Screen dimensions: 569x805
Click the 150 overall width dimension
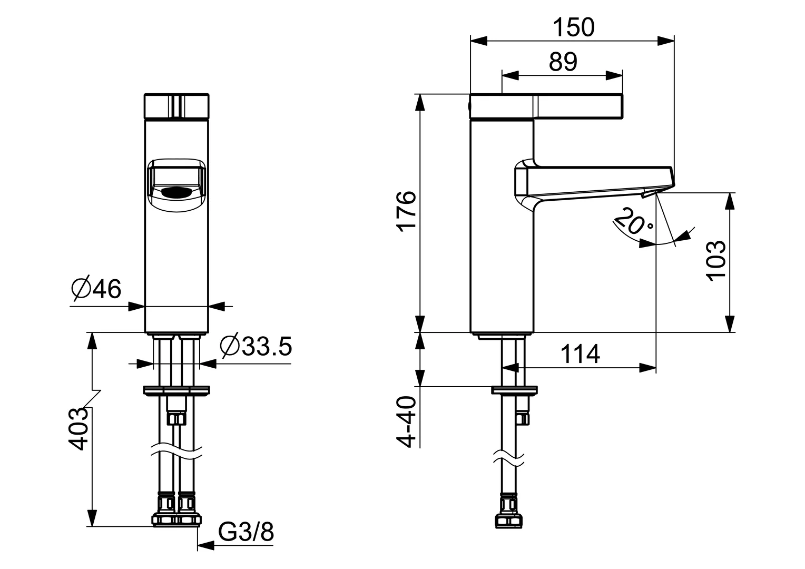[x=573, y=27]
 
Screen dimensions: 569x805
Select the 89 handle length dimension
[x=563, y=62]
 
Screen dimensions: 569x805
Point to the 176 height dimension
[x=407, y=211]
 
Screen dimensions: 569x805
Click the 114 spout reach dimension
[x=580, y=354]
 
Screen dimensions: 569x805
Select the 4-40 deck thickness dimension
[x=407, y=421]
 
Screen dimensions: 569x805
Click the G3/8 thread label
[x=246, y=533]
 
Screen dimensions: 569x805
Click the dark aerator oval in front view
[x=176, y=193]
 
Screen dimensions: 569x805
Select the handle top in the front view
[x=176, y=107]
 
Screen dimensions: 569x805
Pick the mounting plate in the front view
[x=176, y=390]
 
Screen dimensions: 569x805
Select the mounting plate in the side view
[x=515, y=390]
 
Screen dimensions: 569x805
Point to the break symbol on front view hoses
[x=176, y=452]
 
